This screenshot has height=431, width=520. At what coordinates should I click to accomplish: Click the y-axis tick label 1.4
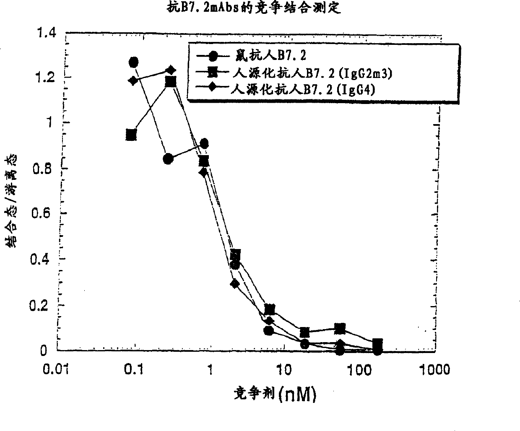(x=46, y=32)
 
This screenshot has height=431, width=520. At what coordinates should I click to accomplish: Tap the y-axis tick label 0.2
(x=42, y=305)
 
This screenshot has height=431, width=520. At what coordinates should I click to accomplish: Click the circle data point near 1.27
(x=134, y=62)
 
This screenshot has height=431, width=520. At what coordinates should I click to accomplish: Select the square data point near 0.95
(x=131, y=135)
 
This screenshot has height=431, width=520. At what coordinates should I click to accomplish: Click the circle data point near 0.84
(x=168, y=159)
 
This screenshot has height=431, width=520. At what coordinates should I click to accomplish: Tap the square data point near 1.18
(x=171, y=81)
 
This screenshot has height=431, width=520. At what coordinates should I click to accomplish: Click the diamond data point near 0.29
(x=235, y=284)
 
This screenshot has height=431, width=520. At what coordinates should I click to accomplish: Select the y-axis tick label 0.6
(x=42, y=214)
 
